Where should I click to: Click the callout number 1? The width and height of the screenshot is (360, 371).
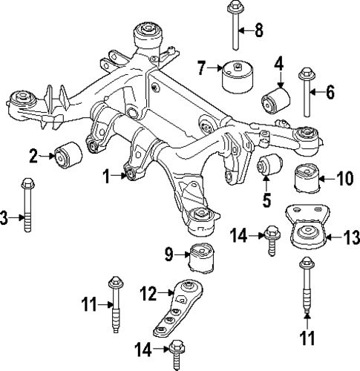(106, 176)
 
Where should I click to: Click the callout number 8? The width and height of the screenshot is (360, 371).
(259, 30)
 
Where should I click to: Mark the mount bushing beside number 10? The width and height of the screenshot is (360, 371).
(307, 181)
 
